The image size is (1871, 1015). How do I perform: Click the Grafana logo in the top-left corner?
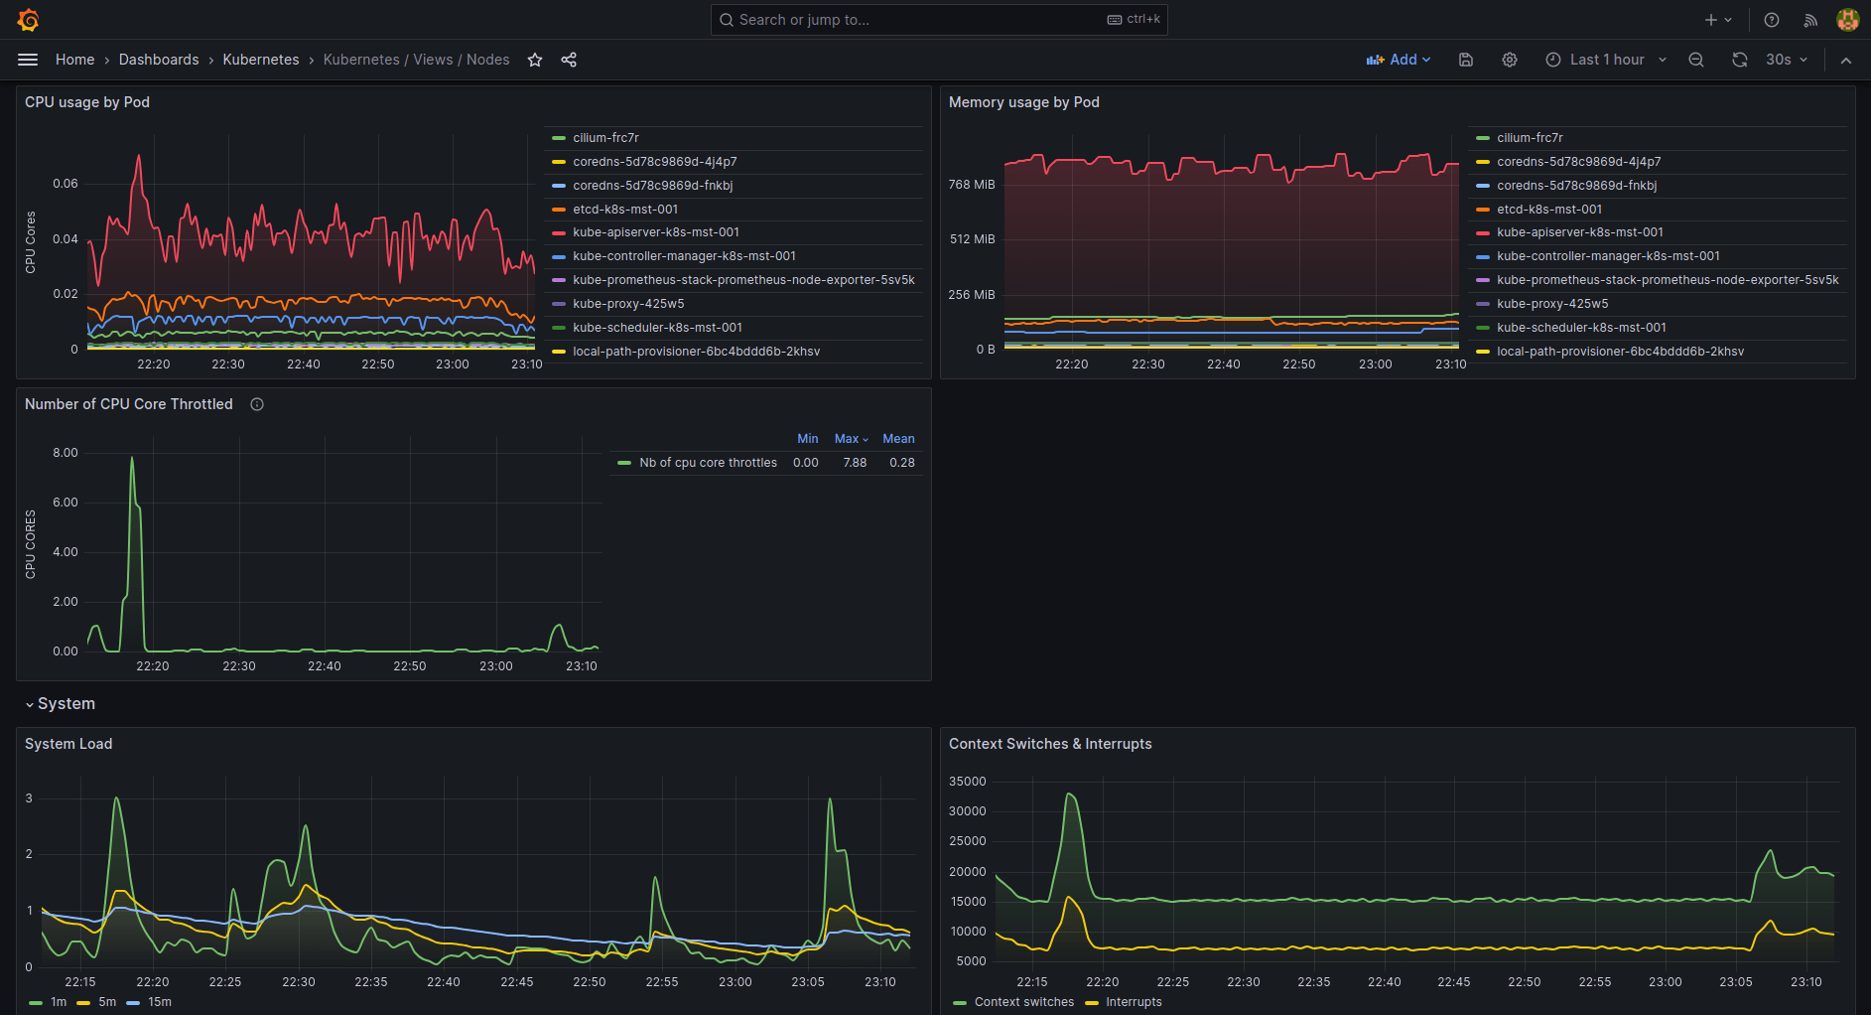point(28,20)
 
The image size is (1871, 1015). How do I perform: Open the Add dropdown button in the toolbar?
point(1399,60)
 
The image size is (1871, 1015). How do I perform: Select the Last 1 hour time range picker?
point(1606,60)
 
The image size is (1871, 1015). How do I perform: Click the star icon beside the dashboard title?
point(535,60)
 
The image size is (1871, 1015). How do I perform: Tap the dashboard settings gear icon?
point(1510,60)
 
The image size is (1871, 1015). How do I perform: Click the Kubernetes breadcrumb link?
point(260,60)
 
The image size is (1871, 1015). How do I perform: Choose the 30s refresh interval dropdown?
point(1786,60)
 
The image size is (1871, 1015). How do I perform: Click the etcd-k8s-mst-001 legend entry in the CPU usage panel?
point(625,210)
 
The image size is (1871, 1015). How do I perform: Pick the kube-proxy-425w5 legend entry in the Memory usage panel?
point(1552,304)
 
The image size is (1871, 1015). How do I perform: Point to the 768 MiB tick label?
point(971,185)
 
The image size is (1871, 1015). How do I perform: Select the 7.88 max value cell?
point(855,463)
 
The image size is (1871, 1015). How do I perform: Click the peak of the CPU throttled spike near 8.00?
point(132,458)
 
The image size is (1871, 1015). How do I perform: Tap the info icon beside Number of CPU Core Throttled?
point(257,404)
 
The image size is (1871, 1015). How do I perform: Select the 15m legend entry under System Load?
point(159,1002)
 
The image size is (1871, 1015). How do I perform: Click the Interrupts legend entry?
point(1134,1002)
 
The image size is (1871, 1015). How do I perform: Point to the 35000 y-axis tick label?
point(967,782)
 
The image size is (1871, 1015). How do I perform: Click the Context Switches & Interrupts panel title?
point(1049,744)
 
